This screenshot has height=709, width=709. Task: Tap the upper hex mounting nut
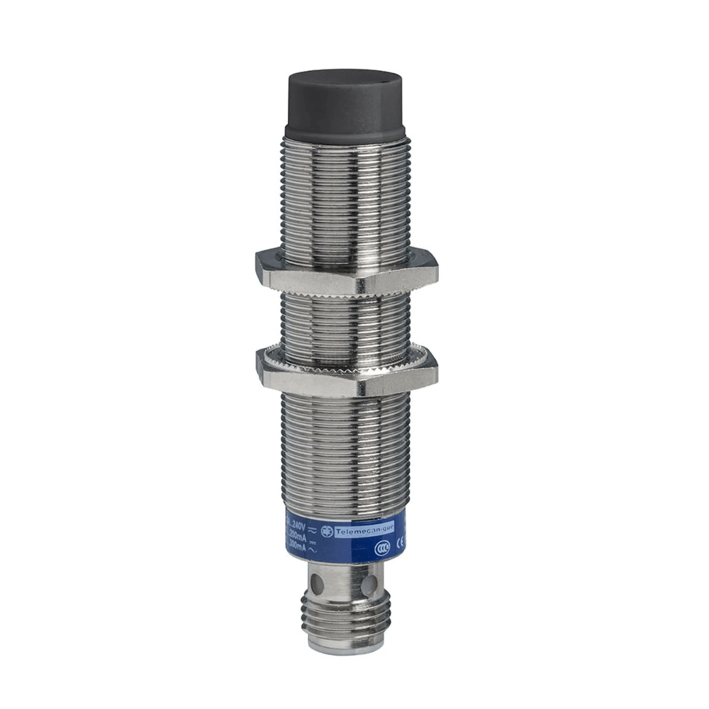click(346, 272)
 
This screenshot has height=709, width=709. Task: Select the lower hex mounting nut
click(346, 372)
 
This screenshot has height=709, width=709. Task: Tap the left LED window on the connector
click(317, 586)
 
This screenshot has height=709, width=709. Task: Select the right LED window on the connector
click(368, 586)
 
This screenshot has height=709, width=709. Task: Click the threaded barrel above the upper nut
click(345, 199)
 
